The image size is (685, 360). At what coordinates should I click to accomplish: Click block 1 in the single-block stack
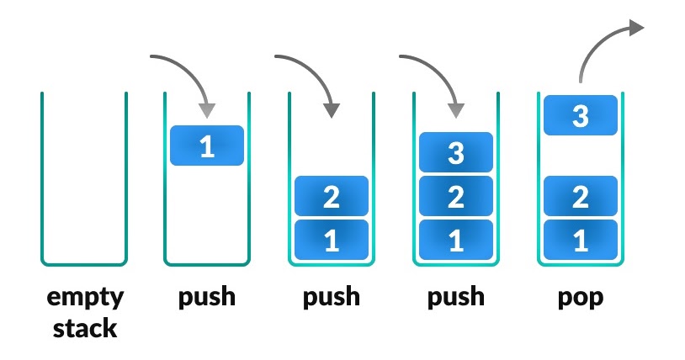tap(206, 146)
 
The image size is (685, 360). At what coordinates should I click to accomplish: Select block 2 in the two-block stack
tap(331, 197)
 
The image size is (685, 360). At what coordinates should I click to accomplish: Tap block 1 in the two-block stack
tap(331, 241)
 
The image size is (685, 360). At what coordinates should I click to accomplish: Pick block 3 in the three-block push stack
tap(455, 152)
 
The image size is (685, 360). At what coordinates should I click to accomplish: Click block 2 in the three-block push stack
tap(455, 197)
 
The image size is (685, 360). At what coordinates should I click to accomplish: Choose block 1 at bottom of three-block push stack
tap(455, 241)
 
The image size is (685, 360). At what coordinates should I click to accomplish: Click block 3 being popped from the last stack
tap(580, 115)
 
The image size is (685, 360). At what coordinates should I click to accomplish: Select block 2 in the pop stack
tap(580, 197)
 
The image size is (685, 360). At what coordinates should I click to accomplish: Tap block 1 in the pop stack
tap(580, 241)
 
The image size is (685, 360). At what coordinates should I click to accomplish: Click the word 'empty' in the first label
tap(84, 298)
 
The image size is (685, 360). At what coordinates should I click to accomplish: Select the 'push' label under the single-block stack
tap(206, 298)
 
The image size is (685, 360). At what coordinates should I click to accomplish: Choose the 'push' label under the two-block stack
tap(331, 298)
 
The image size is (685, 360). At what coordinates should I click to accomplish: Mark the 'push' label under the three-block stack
tap(455, 298)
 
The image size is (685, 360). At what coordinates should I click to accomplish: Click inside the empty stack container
tap(84, 185)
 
